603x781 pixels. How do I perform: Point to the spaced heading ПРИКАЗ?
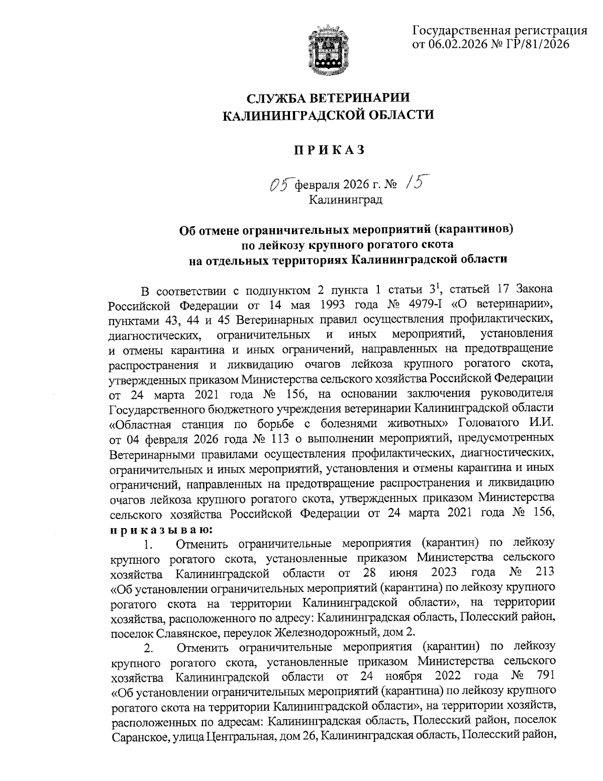coord(328,149)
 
